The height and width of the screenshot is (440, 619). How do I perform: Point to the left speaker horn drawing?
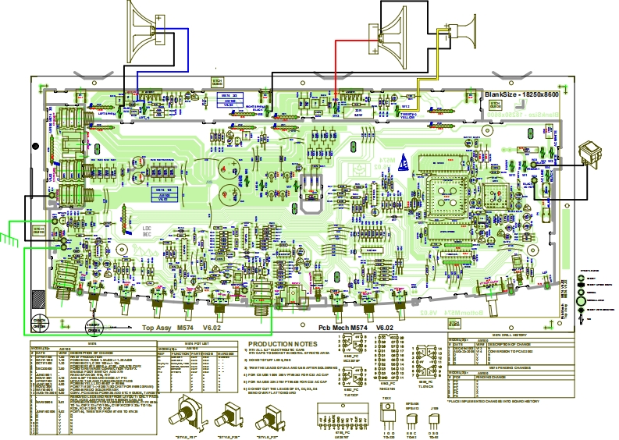tap(144, 27)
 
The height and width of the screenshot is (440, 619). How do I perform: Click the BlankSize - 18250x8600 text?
tap(521, 94)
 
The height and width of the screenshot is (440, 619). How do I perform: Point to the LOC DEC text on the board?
tap(147, 232)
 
